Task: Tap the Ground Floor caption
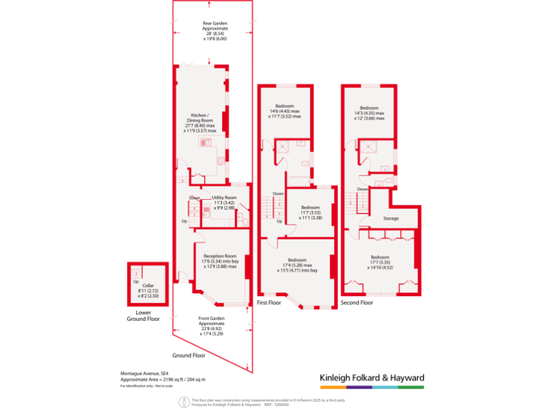pyautogui.click(x=188, y=355)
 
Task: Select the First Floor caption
pyautogui.click(x=269, y=302)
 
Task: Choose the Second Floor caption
pyautogui.click(x=356, y=302)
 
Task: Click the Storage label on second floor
pyautogui.click(x=391, y=218)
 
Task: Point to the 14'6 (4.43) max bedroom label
pyautogui.click(x=284, y=111)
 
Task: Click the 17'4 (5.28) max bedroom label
pyautogui.click(x=297, y=265)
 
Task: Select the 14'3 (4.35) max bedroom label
pyautogui.click(x=369, y=113)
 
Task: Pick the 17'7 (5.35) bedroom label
pyautogui.click(x=380, y=261)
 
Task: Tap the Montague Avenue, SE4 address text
pyautogui.click(x=144, y=373)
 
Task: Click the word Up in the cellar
pyautogui.click(x=136, y=281)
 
